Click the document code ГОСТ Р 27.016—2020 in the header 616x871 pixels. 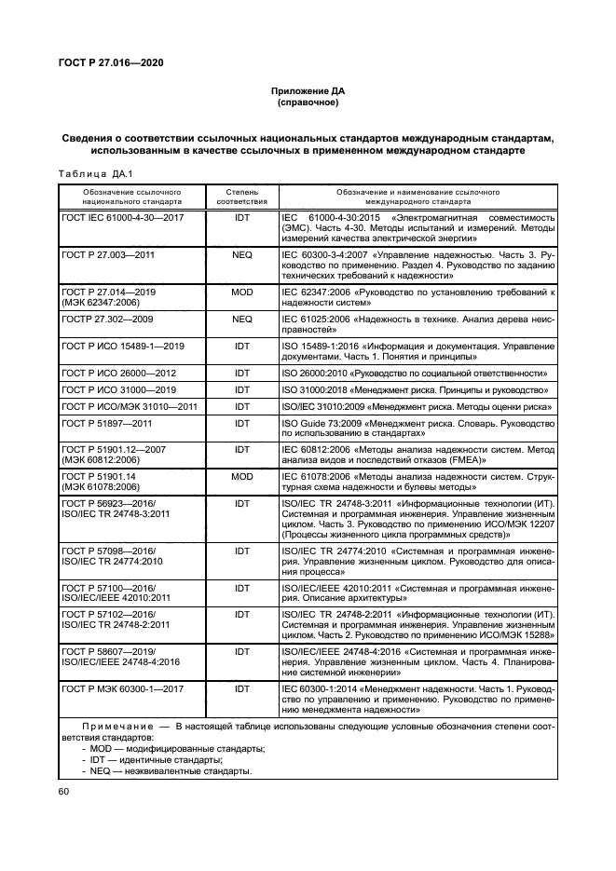[x=103, y=62]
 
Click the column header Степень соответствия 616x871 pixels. [x=242, y=196]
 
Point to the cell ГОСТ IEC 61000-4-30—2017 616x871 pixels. [x=122, y=217]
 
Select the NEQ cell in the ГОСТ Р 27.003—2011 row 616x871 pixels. [x=242, y=253]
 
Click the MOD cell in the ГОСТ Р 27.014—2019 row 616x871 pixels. [x=242, y=292]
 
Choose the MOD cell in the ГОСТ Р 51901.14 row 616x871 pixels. [x=242, y=476]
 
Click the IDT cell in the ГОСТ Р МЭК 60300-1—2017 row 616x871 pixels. [x=242, y=688]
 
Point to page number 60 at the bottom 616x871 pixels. [x=64, y=792]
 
